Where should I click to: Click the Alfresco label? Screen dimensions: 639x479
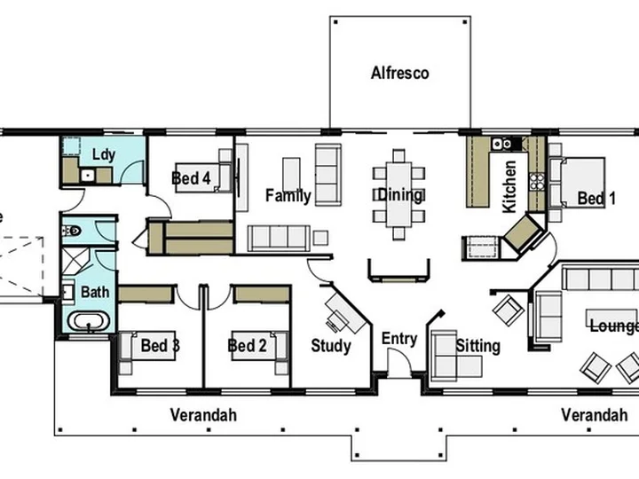(399, 73)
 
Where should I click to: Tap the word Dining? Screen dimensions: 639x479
(399, 194)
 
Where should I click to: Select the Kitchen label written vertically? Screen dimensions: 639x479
(509, 186)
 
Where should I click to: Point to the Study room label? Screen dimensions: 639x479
(331, 346)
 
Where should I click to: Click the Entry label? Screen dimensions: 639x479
(399, 339)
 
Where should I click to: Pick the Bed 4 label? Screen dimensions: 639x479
(191, 178)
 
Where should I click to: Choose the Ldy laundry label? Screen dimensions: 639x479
(104, 154)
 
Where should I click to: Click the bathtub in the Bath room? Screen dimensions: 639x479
(89, 321)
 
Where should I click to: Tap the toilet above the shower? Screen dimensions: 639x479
(72, 232)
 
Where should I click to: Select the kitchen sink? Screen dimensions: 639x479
(501, 144)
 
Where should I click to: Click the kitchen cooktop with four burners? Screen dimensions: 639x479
(537, 182)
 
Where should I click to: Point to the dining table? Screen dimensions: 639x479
(399, 194)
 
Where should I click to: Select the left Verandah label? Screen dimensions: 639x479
(203, 415)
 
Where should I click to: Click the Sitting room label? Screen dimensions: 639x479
(477, 346)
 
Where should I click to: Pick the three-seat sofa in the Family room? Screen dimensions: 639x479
(279, 239)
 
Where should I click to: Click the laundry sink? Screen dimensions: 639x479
(88, 176)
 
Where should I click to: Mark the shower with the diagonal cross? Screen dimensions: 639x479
(75, 260)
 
